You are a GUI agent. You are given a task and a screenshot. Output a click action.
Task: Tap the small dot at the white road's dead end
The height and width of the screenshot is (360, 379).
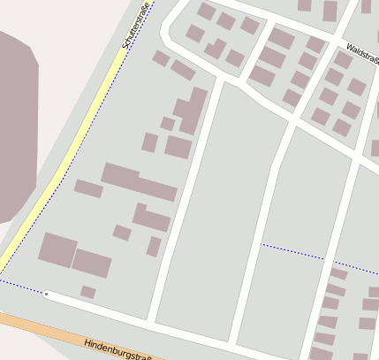46,294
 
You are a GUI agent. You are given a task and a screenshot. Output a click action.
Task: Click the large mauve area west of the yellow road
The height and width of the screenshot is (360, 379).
13,133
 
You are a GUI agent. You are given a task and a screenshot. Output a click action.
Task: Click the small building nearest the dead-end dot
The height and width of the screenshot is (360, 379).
87,291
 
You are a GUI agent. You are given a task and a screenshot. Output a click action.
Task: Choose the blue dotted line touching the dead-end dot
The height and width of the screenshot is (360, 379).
22,287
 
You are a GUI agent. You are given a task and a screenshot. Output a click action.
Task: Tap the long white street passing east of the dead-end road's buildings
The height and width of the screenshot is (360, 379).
181,203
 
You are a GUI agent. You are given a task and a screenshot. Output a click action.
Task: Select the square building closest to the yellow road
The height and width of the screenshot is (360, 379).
57,249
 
